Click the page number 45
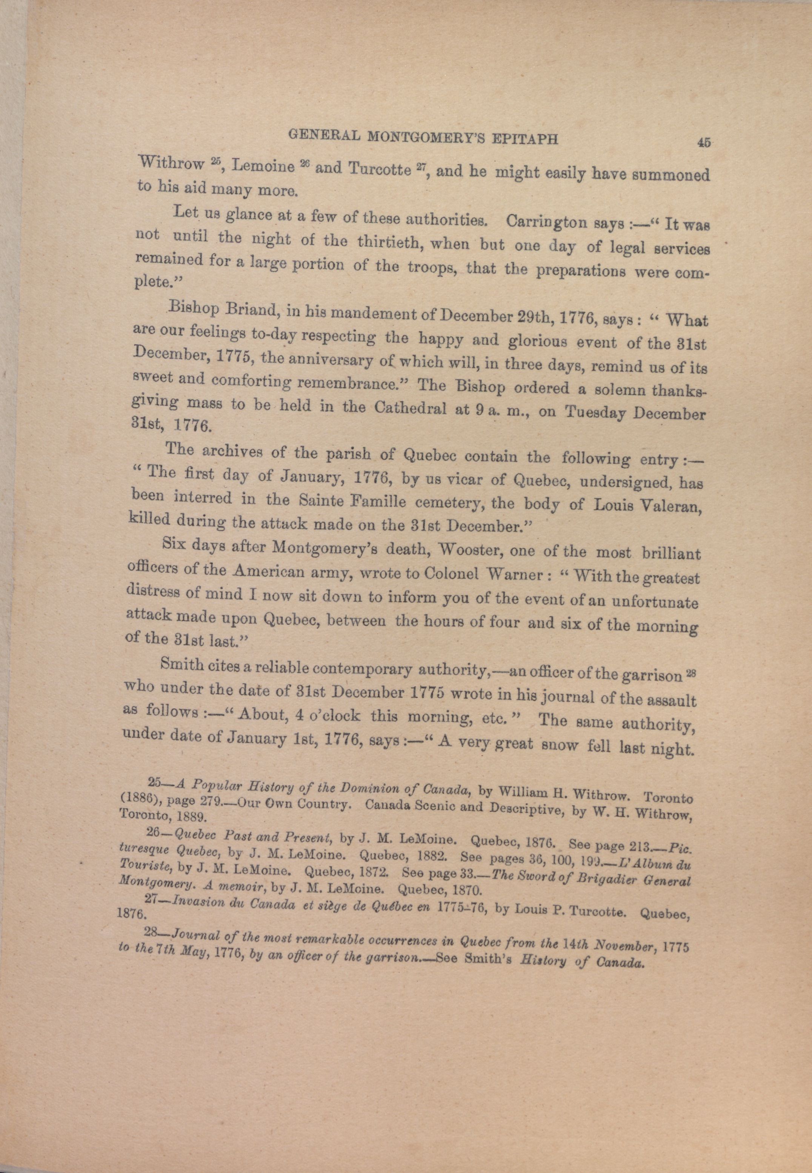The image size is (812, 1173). [x=704, y=143]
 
